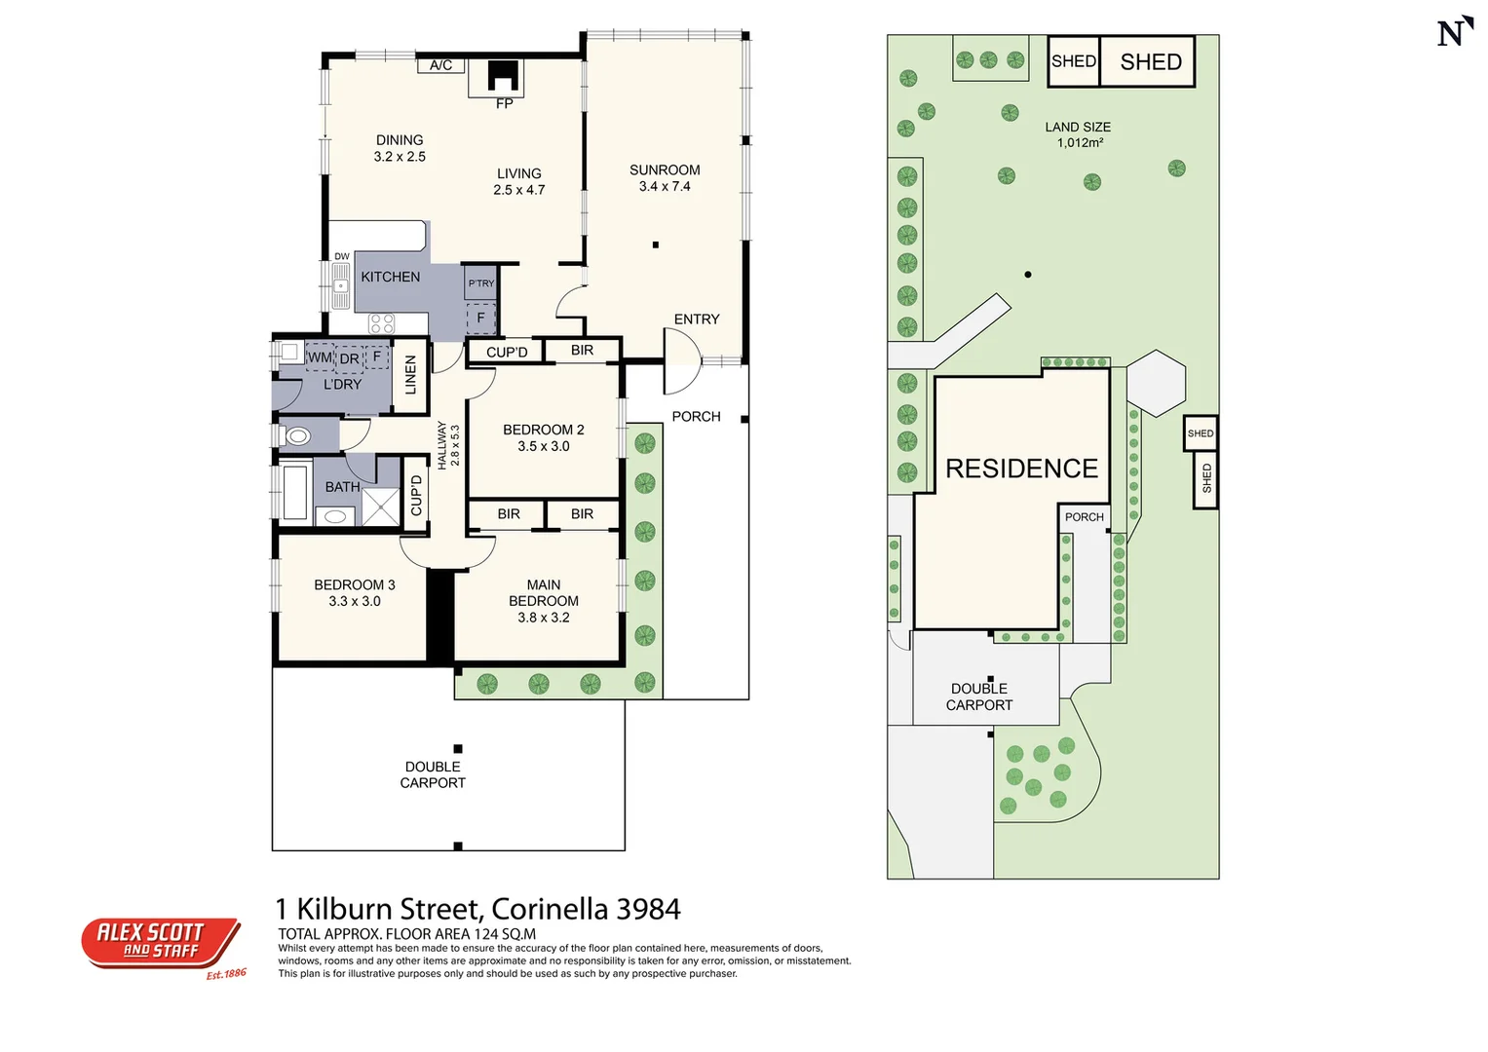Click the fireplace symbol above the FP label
(x=503, y=76)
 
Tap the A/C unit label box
(x=440, y=65)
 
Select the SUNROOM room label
(x=665, y=169)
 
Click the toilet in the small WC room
(x=297, y=435)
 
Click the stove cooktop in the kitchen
(x=381, y=323)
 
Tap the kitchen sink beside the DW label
(x=340, y=285)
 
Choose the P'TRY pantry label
(x=481, y=283)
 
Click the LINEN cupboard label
(x=410, y=375)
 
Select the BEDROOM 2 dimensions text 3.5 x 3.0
(x=544, y=446)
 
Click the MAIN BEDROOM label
(x=544, y=592)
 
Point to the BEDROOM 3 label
(x=355, y=584)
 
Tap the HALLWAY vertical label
(x=441, y=445)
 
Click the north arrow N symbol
(x=1453, y=32)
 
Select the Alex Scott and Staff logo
(x=161, y=943)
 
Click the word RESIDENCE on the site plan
(x=1021, y=469)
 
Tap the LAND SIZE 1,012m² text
(x=1078, y=134)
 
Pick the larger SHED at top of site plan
(x=1150, y=61)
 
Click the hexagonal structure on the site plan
(x=1156, y=383)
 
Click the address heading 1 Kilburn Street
(x=477, y=909)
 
